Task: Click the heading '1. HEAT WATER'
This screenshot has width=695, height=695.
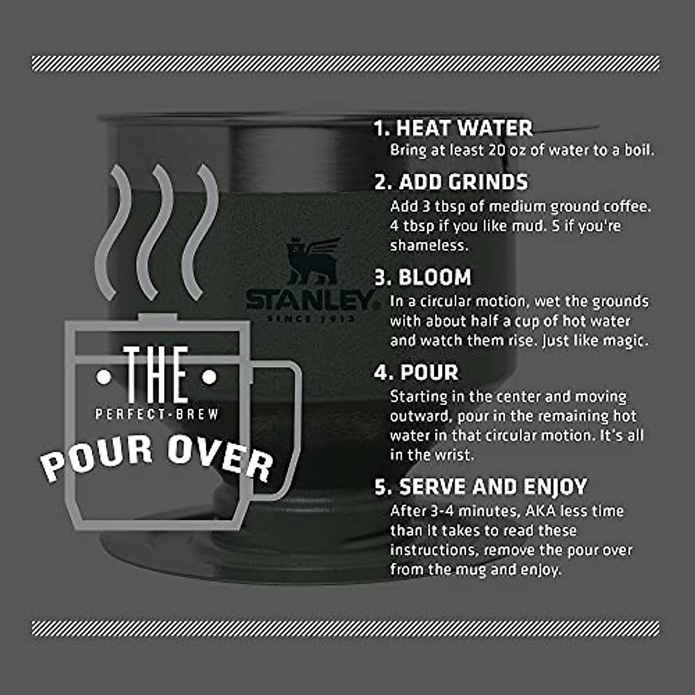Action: pos(453,128)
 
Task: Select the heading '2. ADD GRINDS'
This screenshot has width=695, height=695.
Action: pos(451,182)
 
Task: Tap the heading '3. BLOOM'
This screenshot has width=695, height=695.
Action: pos(423,277)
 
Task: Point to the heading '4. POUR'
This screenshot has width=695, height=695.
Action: pos(416,372)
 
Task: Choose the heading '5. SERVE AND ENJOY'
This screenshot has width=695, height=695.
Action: pos(481,487)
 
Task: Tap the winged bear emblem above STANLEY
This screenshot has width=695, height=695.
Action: pos(312,261)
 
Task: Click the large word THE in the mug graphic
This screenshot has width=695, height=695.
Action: pos(156,375)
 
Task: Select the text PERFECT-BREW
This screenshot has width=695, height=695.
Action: pos(157,414)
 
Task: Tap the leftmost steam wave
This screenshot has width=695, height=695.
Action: pos(114,232)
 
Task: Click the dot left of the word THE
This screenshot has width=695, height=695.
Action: pos(104,378)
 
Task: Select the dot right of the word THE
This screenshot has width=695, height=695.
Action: pos(210,378)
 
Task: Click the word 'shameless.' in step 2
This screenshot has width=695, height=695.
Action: pos(429,246)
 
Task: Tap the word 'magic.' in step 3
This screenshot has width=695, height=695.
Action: pos(625,341)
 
